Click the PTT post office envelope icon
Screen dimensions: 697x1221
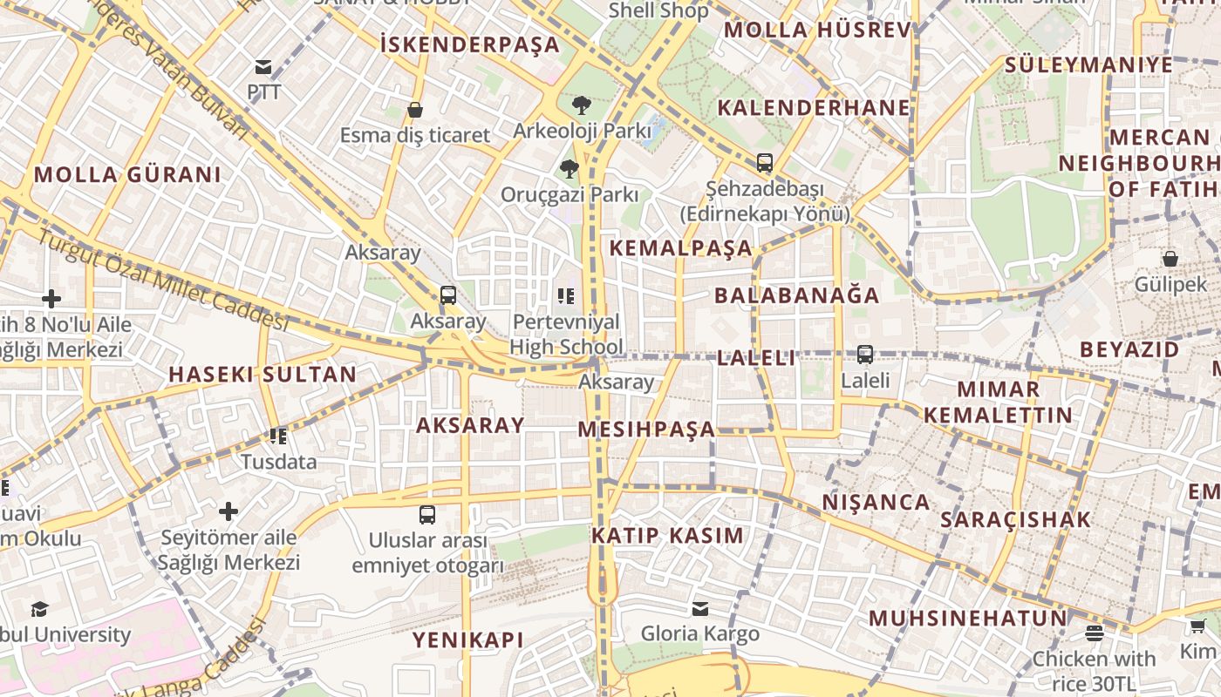(263, 67)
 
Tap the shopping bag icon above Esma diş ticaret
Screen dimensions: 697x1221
(415, 110)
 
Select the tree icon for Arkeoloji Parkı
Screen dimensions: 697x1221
(581, 105)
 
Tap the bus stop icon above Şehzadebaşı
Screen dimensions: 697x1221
(765, 163)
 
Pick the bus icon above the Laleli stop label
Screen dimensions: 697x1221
(865, 355)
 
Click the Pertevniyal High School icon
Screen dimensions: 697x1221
(566, 296)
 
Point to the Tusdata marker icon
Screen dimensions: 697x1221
(278, 436)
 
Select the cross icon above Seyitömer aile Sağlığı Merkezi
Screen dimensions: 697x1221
(229, 511)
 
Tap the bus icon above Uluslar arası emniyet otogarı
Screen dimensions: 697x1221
(427, 515)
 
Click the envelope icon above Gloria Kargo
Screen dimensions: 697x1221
(700, 608)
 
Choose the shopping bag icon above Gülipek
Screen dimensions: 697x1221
(1170, 259)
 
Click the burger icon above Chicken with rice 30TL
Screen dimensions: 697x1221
(1095, 633)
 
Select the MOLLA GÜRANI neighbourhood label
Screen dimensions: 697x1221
(127, 174)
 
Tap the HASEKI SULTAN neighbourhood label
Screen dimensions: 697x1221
(263, 375)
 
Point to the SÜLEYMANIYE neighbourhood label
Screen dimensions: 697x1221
(1088, 64)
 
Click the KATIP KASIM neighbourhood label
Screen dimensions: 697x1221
(668, 535)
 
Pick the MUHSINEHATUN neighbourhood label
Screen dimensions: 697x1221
(967, 619)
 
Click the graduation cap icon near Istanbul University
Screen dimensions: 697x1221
(39, 609)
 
